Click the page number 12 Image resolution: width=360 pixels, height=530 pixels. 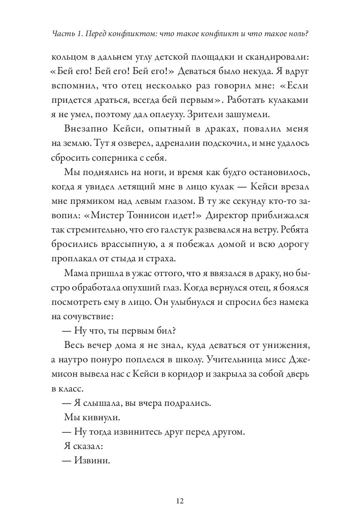(180, 501)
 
